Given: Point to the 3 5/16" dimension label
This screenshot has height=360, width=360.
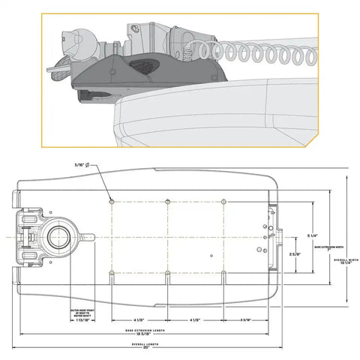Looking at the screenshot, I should click(245, 320).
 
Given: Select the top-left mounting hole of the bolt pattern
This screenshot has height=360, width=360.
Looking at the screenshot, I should click(112, 202).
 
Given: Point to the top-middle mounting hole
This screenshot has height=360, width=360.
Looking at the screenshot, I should click(168, 202).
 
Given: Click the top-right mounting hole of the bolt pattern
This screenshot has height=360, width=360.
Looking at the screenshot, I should click(224, 202).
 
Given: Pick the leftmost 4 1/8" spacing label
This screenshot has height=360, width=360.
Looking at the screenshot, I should click(140, 320).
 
